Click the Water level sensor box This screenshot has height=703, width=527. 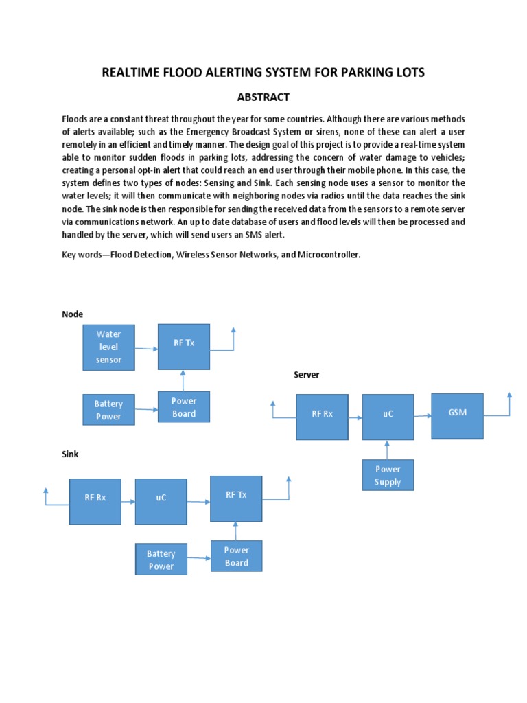(108, 347)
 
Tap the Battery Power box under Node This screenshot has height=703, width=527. (108, 410)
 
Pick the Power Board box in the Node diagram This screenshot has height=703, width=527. (184, 407)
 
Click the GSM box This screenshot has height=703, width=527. (457, 416)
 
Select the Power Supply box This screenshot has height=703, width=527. (388, 475)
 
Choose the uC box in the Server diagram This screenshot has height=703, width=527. (388, 417)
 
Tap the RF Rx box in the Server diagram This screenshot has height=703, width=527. (322, 417)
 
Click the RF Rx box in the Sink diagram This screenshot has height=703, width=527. (95, 501)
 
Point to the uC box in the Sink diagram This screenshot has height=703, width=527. (161, 501)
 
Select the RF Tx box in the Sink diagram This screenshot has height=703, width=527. (236, 498)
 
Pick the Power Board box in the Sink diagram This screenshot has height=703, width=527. (236, 556)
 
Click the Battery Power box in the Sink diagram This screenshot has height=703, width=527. (161, 560)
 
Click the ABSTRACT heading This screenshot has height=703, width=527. (263, 97)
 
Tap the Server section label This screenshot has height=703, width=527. (306, 375)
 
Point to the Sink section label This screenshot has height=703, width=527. (71, 454)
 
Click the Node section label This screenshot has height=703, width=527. (72, 314)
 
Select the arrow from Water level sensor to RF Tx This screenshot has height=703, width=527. (146, 348)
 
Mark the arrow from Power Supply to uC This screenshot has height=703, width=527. (388, 450)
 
